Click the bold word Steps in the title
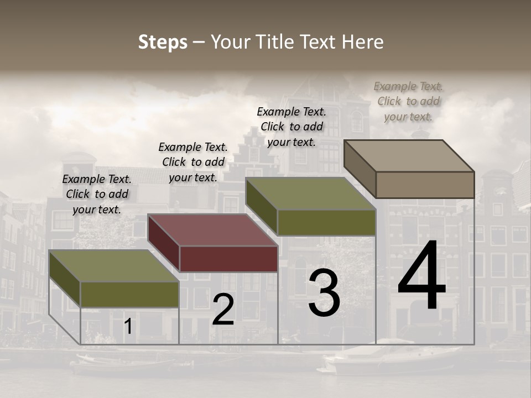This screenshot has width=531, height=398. (163, 42)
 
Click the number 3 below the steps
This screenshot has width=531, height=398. (324, 293)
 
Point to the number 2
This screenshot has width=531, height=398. (223, 310)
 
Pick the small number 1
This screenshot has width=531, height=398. (128, 327)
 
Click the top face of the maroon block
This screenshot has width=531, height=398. (213, 230)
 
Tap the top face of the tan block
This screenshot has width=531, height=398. (409, 155)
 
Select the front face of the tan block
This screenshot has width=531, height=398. (425, 185)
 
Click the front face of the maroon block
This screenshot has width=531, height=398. (228, 259)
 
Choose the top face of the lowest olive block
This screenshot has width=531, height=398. (114, 266)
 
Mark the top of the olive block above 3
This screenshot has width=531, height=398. (311, 194)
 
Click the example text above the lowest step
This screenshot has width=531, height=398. (97, 194)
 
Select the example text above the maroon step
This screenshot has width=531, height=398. (193, 162)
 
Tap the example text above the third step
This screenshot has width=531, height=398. (291, 127)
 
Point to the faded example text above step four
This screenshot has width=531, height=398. (408, 101)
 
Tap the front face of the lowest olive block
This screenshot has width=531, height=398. (129, 295)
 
